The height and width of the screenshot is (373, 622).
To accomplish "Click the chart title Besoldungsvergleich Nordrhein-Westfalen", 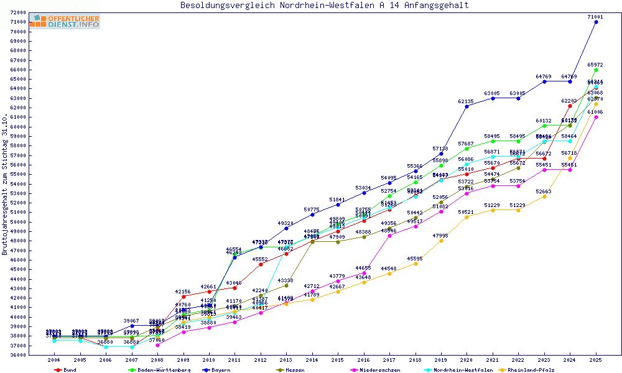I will click(x=324, y=6).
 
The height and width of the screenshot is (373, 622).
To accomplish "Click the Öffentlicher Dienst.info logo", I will click(x=65, y=22).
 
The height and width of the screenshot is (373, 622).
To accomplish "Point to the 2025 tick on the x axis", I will click(x=596, y=361).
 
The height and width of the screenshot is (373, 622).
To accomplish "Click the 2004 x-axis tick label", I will click(x=54, y=361).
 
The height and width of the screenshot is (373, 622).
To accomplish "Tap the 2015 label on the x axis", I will click(x=338, y=361).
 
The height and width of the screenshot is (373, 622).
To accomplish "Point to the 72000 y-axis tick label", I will click(x=18, y=12).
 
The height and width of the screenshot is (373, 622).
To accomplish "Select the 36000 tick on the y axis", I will click(x=18, y=355).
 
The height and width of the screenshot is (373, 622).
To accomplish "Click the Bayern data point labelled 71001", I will click(x=596, y=22).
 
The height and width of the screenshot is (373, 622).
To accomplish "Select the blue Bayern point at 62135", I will click(x=466, y=106).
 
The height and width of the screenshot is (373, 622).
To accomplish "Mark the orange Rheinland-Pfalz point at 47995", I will click(x=441, y=241).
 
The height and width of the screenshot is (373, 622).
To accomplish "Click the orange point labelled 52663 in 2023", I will click(x=544, y=196).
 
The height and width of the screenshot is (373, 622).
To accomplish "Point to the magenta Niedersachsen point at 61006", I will click(x=596, y=117).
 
